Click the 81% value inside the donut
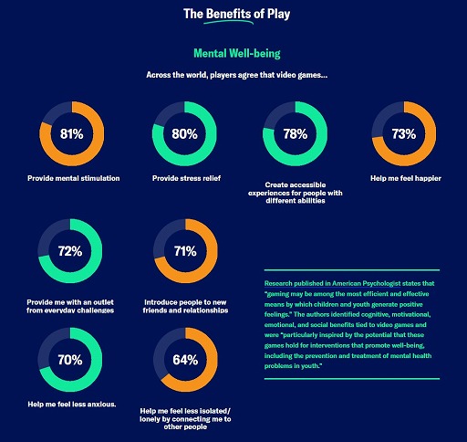pyautogui.click(x=72, y=134)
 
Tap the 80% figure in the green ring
pyautogui.click(x=184, y=134)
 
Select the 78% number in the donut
pyautogui.click(x=296, y=134)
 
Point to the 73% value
pyautogui.click(x=404, y=134)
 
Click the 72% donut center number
pyautogui.click(x=72, y=250)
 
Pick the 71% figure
pyautogui.click(x=184, y=250)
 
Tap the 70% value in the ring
pyautogui.click(x=72, y=359)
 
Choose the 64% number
pyautogui.click(x=184, y=359)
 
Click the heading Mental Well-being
pyautogui.click(x=234, y=54)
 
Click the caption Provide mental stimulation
pyautogui.click(x=73, y=178)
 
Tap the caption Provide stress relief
pyautogui.click(x=184, y=178)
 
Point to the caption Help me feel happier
pyautogui.click(x=404, y=178)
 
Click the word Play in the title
pyautogui.click(x=306, y=14)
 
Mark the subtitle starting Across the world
pyautogui.click(x=233, y=75)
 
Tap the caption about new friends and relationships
pyautogui.click(x=186, y=305)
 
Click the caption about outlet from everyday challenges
pyautogui.click(x=74, y=305)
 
